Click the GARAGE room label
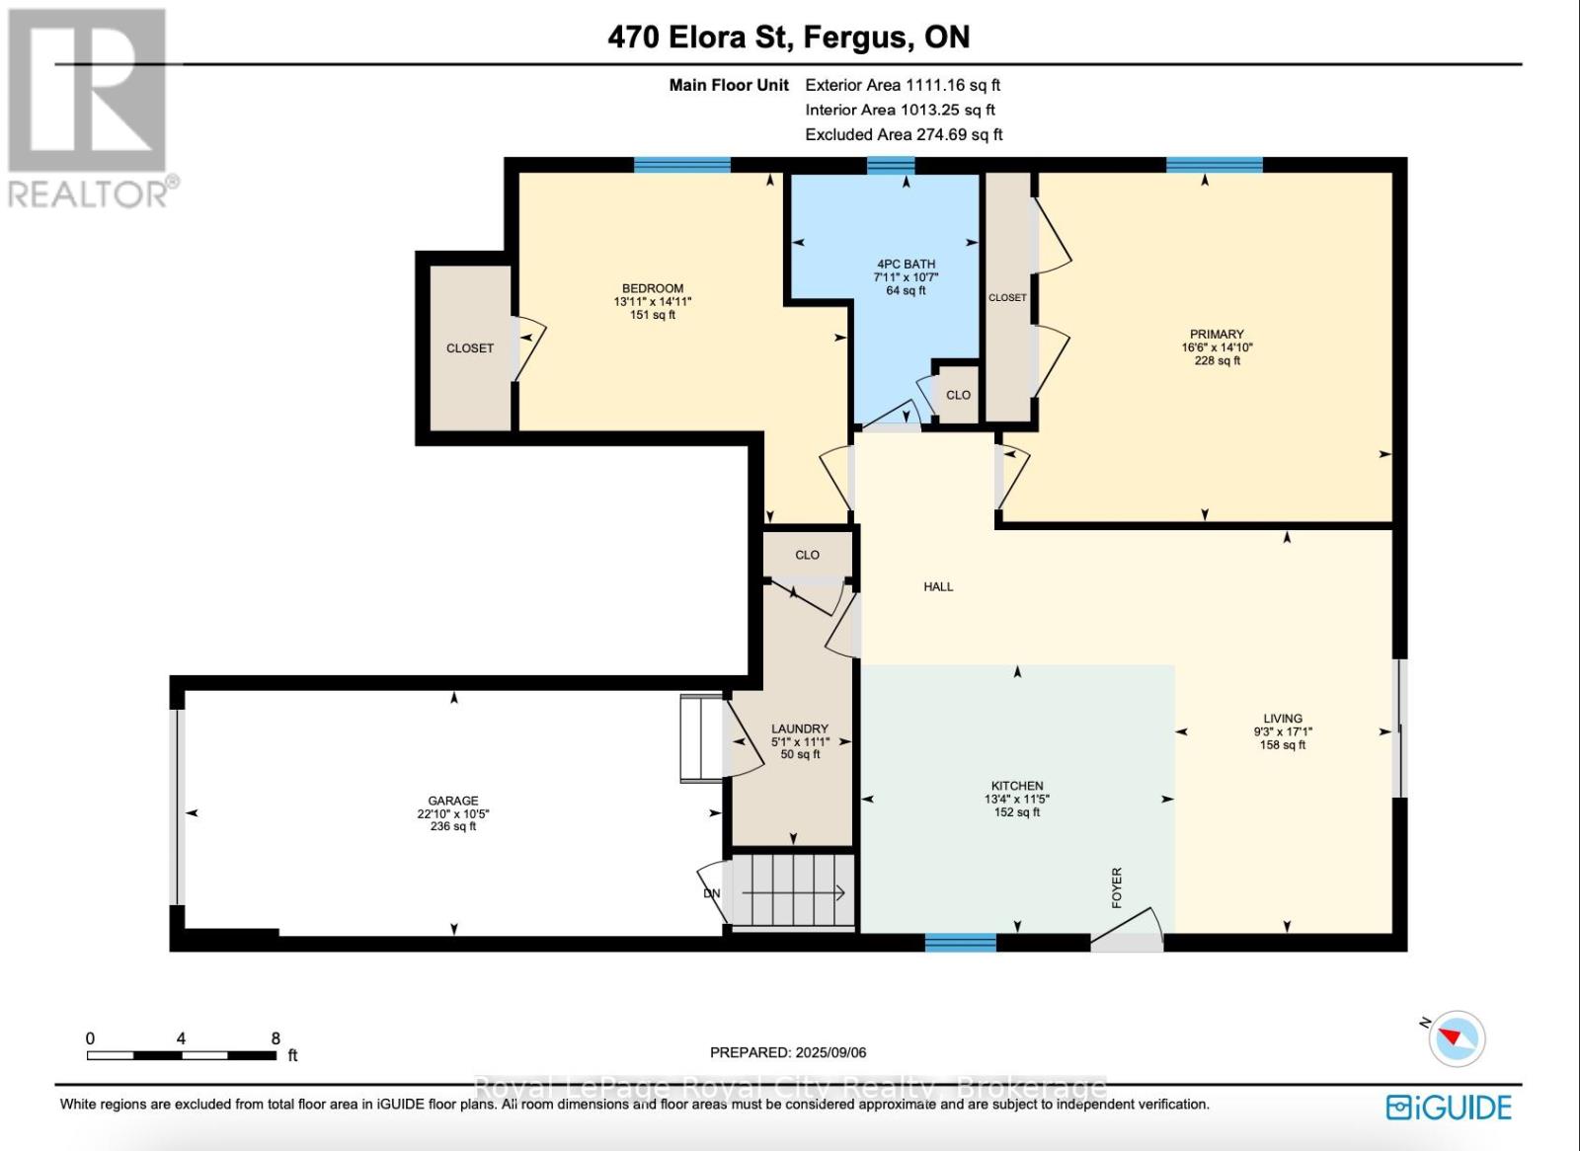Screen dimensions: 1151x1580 click(x=453, y=801)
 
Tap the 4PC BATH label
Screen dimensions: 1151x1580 click(x=906, y=265)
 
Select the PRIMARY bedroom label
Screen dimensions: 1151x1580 click(x=1217, y=335)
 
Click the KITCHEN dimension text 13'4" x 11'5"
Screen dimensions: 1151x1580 click(x=1017, y=800)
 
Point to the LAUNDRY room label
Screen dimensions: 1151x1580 click(x=799, y=729)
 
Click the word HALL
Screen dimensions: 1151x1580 click(x=938, y=586)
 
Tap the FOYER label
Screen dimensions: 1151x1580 click(x=1117, y=887)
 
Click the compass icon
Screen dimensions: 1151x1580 click(x=1457, y=1038)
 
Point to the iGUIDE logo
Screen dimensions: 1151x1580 click(x=1449, y=1107)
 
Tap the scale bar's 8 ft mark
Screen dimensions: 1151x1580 click(x=276, y=1039)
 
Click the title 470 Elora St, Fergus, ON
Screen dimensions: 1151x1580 click(x=789, y=38)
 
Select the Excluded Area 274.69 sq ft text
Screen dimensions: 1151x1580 click(x=904, y=134)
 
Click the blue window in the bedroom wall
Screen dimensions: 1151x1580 click(x=681, y=165)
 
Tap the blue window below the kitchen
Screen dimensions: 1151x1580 click(x=960, y=943)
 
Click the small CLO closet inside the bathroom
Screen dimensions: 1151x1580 click(x=958, y=395)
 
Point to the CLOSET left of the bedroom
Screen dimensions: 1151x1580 click(x=470, y=347)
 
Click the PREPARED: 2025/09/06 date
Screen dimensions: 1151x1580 click(x=788, y=1052)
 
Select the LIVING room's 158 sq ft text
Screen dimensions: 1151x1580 click(x=1283, y=744)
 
